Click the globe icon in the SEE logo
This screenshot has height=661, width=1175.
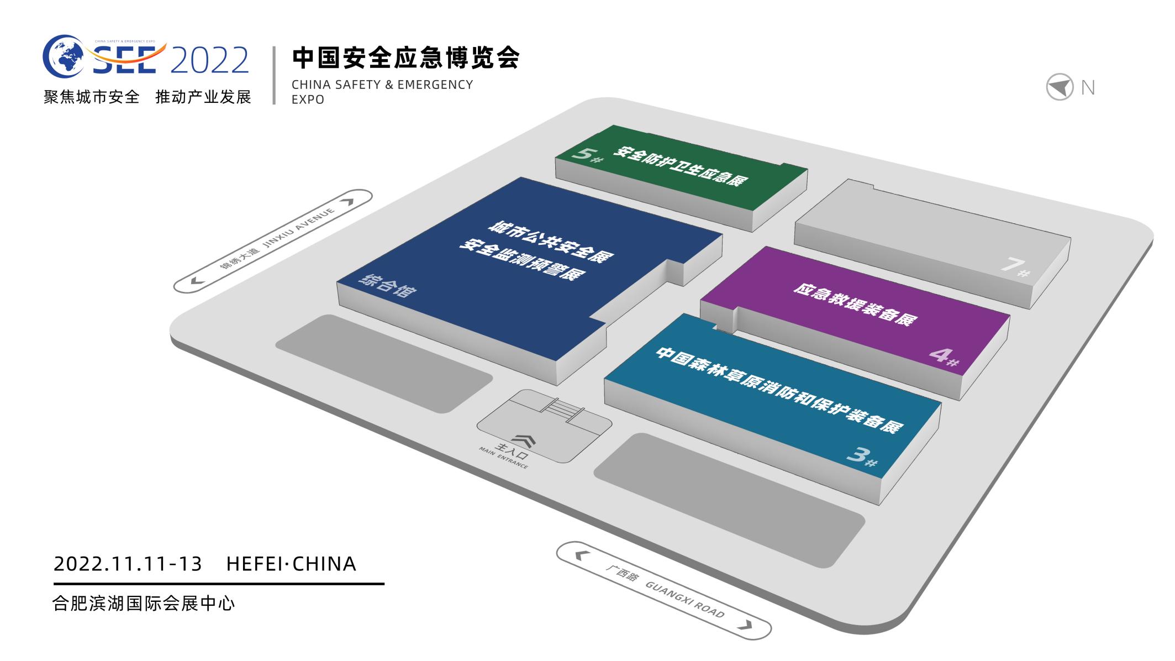click(63, 56)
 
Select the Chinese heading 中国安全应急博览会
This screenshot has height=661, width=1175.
click(406, 58)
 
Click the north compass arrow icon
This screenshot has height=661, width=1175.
click(1059, 87)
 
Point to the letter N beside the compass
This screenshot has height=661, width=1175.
click(1088, 88)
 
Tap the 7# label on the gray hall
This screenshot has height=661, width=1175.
click(1015, 267)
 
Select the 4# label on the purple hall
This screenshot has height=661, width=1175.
click(943, 356)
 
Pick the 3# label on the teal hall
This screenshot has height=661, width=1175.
click(861, 457)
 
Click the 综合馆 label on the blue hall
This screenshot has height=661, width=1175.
click(387, 286)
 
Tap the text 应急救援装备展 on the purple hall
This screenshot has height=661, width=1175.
click(855, 305)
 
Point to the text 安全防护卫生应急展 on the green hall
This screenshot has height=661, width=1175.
click(680, 166)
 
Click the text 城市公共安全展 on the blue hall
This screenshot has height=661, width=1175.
click(550, 242)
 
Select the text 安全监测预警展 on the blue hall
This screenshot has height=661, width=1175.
click(521, 260)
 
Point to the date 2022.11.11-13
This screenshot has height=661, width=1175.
click(128, 564)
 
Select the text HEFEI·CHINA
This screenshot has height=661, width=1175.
click(291, 564)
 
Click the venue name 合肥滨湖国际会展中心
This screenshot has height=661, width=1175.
click(144, 603)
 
